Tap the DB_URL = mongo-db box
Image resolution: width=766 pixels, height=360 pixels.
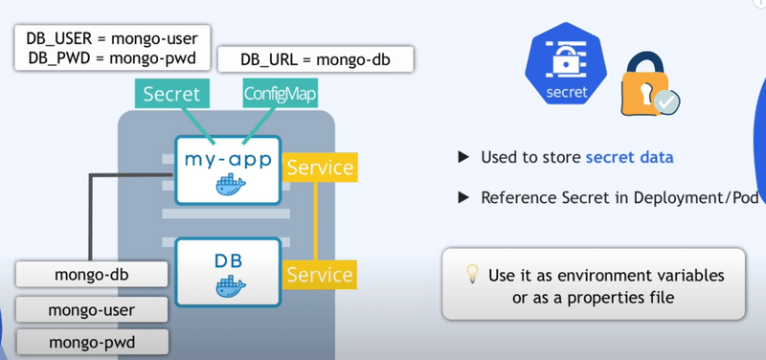click(x=315, y=59)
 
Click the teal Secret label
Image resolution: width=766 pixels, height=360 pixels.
click(x=171, y=94)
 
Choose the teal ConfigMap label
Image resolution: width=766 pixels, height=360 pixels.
click(x=279, y=94)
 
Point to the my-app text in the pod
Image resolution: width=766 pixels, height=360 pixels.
click(x=227, y=158)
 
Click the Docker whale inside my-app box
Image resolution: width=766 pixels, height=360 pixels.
click(x=227, y=186)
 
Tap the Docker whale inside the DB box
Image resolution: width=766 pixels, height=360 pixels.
click(x=227, y=286)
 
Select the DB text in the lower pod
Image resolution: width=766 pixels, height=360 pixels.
click(x=227, y=259)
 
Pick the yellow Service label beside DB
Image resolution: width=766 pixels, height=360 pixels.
click(x=321, y=274)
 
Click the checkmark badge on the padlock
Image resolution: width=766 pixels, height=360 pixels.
click(x=668, y=101)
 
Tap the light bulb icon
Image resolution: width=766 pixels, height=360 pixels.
click(x=472, y=273)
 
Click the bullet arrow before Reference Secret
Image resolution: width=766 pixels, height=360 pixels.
click(x=463, y=198)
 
